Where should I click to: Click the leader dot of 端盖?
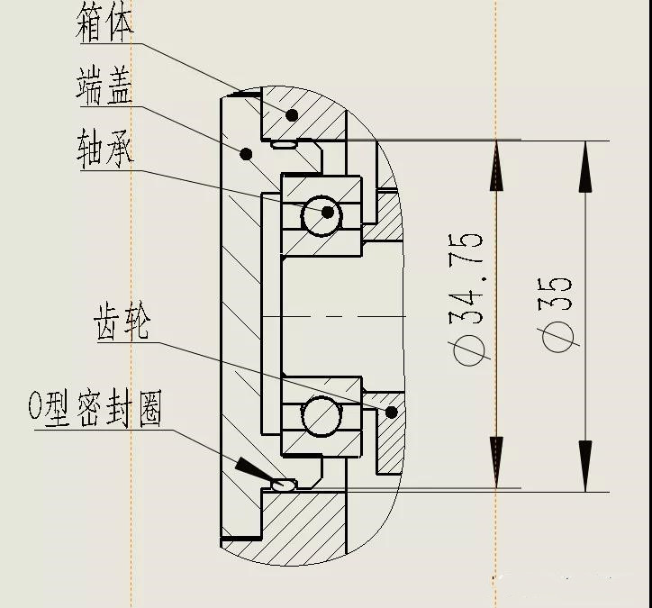pos(244,154)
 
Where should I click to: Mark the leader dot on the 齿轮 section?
pos(391,413)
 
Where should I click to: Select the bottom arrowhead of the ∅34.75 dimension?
pos(496,464)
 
